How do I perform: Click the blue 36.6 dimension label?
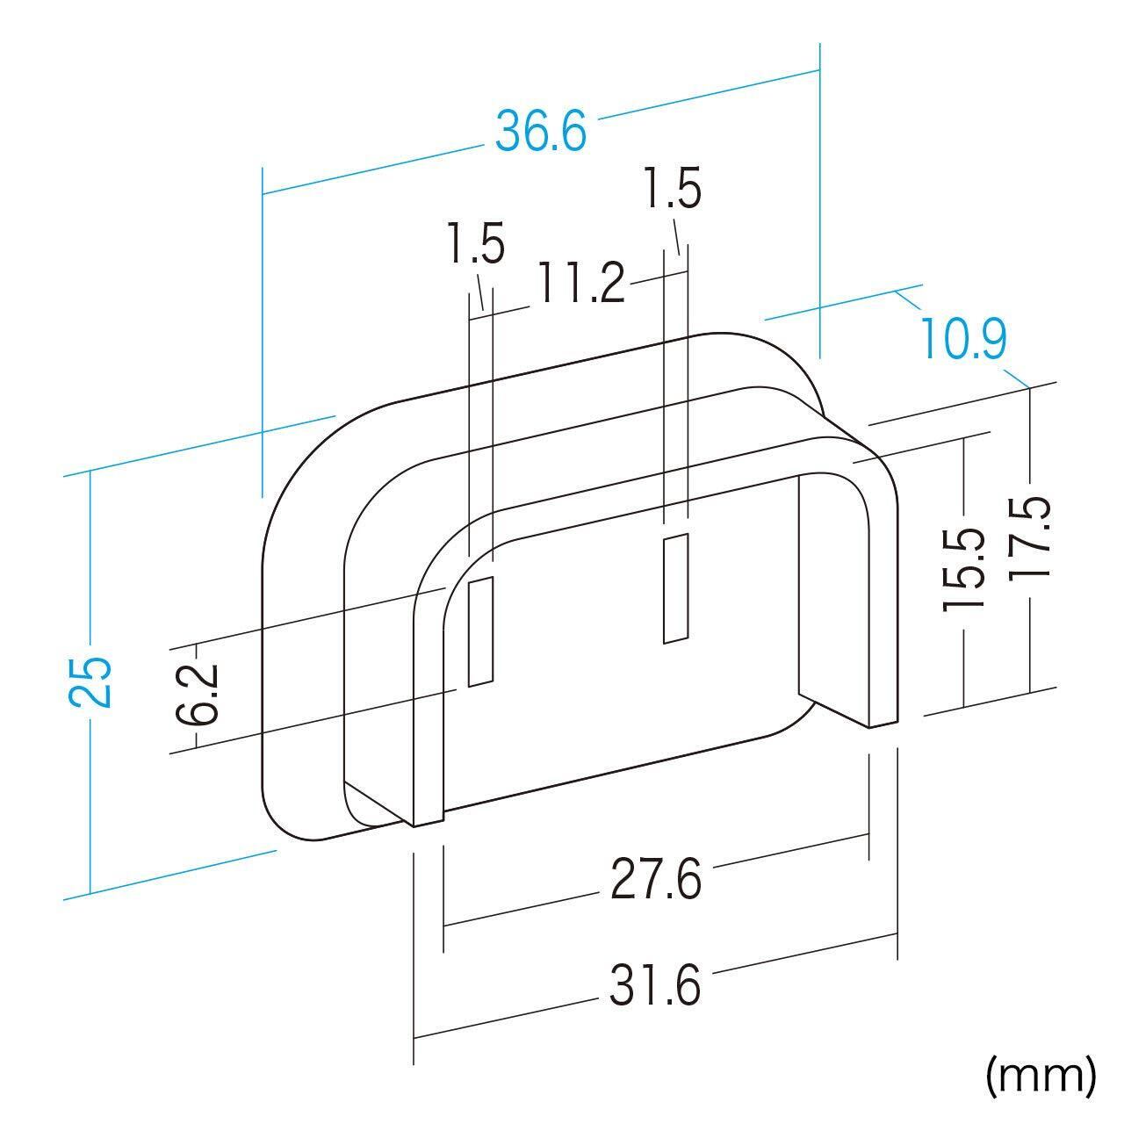click(541, 133)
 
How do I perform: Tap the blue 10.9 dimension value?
click(963, 338)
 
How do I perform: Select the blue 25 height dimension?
click(90, 682)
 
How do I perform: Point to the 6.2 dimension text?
click(198, 694)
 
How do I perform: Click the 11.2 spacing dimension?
click(580, 282)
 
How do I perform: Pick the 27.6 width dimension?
click(656, 879)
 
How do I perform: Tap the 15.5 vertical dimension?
click(963, 569)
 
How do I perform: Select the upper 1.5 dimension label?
click(672, 188)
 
